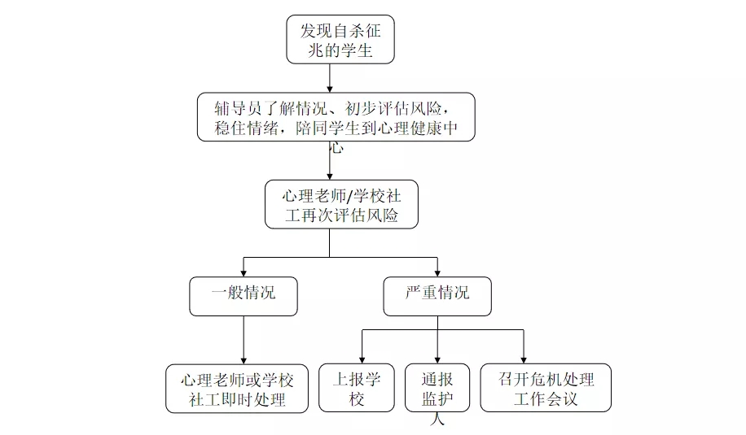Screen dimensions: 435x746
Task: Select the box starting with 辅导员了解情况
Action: [336, 116]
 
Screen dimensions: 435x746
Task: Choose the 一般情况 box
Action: [244, 297]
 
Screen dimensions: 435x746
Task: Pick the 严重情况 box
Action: [437, 297]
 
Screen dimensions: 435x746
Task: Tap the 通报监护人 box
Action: [437, 388]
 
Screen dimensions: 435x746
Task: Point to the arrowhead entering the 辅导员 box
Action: [329, 88]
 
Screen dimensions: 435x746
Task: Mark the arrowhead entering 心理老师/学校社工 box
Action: [329, 176]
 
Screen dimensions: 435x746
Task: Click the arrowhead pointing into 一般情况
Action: [244, 272]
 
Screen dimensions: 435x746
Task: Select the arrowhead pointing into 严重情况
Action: [437, 272]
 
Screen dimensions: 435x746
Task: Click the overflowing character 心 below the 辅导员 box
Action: [336, 149]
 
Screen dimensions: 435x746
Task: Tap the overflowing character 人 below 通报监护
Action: [437, 420]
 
